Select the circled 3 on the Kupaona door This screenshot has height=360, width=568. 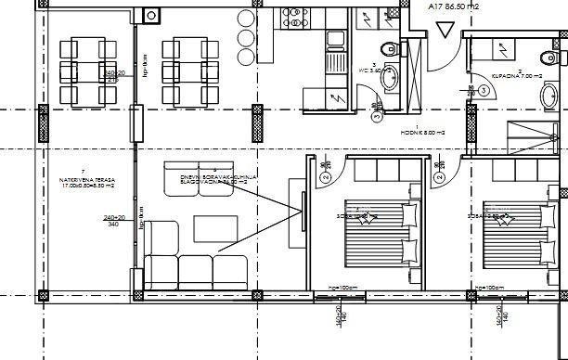click(x=485, y=90)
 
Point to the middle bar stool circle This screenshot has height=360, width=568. click(x=244, y=38)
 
